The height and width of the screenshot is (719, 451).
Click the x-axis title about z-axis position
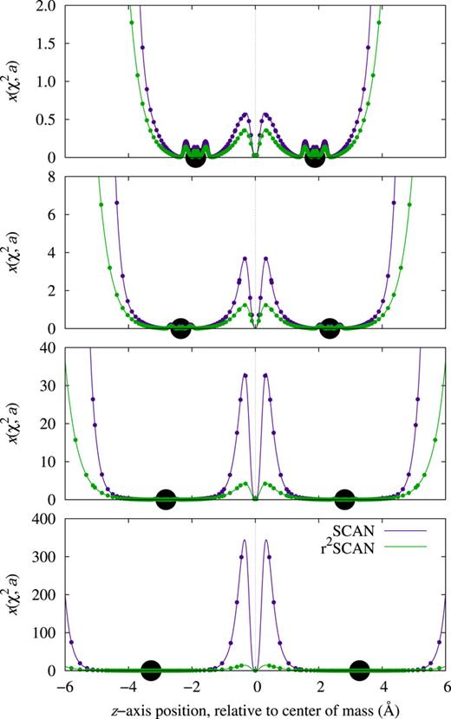pos(255,708)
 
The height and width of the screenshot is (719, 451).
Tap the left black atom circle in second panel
pos(180,328)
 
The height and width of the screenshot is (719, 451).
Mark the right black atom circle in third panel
pos(344,499)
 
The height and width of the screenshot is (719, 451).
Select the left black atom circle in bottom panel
pos(151,670)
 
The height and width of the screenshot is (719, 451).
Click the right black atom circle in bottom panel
pos(360,670)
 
